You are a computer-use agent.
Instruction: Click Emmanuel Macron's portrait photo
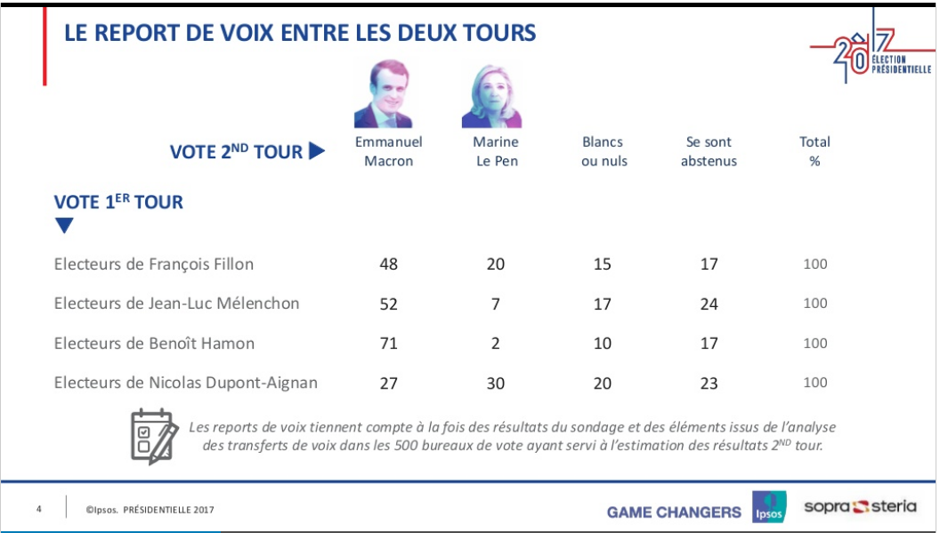tap(388, 94)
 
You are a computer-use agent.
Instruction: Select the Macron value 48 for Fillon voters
tap(388, 264)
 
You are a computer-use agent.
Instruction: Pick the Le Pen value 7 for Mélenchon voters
tap(496, 303)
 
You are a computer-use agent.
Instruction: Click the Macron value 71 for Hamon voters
tap(388, 343)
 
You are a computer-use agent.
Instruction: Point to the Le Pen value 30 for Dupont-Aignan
tap(496, 383)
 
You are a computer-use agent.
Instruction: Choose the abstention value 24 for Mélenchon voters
tap(709, 303)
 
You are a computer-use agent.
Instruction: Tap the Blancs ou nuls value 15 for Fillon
tap(603, 264)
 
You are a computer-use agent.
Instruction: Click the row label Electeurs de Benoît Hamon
tap(154, 343)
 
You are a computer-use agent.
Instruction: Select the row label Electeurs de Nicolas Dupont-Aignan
tap(186, 383)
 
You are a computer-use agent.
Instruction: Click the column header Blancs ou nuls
tap(604, 151)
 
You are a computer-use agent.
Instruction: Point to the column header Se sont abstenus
tap(709, 151)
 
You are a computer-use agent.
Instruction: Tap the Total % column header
tap(814, 151)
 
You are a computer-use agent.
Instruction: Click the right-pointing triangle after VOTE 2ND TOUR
tap(317, 151)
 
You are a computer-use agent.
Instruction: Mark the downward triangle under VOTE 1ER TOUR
tap(64, 226)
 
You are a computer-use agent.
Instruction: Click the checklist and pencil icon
tap(152, 436)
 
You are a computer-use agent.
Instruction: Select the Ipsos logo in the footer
tap(769, 508)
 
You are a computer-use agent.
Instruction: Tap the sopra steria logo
tap(860, 507)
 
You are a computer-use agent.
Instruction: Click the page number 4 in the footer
tap(39, 510)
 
